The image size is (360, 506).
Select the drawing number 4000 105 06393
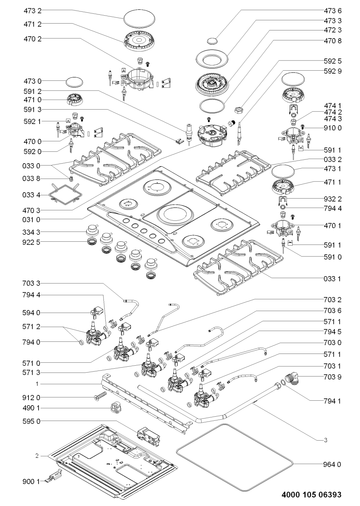pos(311,495)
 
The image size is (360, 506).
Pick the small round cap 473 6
pos(213,41)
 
